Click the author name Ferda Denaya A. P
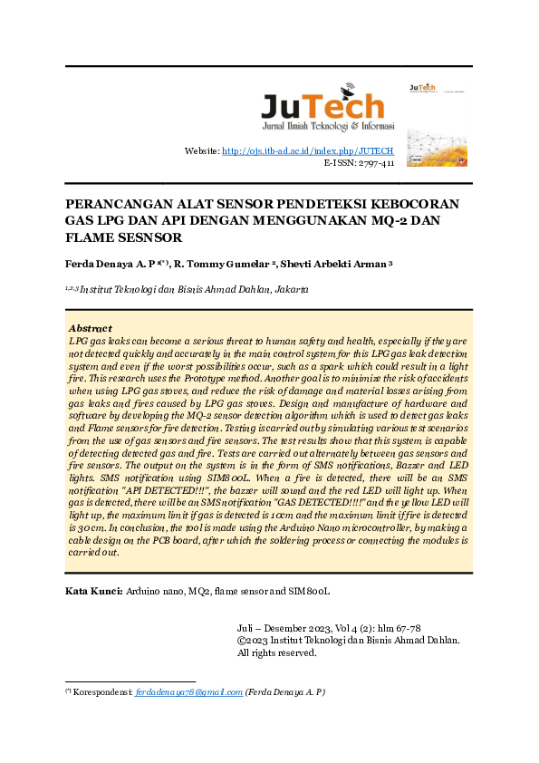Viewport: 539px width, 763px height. click(113, 264)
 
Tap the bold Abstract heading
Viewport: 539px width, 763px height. click(91, 328)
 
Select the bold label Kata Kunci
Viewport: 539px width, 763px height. click(94, 591)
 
